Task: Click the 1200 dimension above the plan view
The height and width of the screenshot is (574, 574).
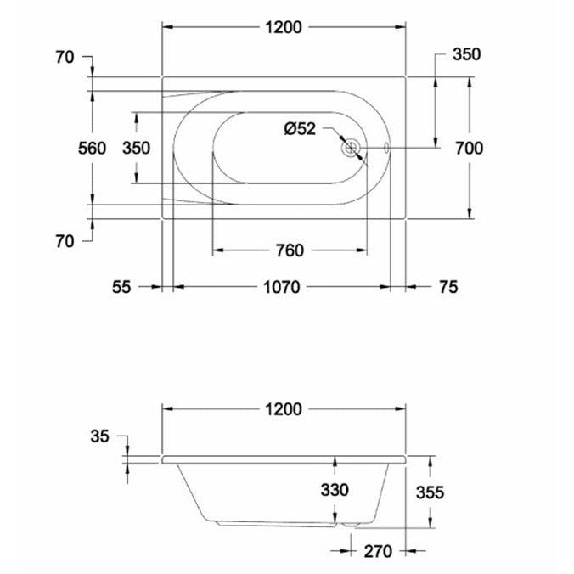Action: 283,27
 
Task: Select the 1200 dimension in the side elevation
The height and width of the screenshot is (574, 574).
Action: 283,408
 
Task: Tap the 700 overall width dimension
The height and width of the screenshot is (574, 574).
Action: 469,148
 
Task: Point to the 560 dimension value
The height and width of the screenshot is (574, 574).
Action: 92,149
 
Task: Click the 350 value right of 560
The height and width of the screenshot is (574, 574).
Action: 136,149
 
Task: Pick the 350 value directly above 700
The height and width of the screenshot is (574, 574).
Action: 466,55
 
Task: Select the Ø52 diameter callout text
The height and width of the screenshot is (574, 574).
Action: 300,129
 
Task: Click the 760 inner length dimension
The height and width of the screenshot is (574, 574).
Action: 289,250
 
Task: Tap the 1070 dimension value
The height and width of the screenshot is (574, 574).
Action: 280,288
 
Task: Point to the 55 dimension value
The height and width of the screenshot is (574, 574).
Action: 121,288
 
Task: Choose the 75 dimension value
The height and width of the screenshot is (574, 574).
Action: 447,288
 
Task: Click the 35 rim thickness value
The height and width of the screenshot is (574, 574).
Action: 99,437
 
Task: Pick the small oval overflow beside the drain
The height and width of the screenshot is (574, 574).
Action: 386,149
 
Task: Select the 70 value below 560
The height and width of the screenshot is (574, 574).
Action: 64,241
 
